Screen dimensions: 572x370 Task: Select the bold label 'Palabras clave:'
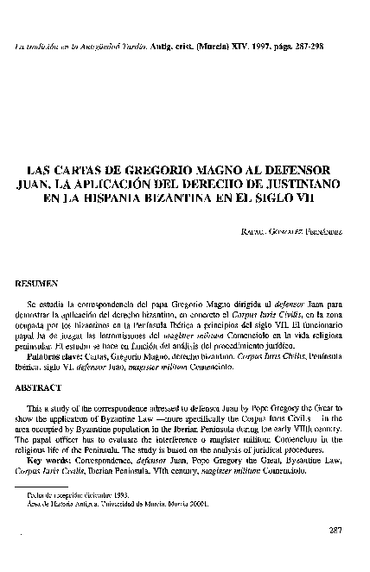pos(54,353)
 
